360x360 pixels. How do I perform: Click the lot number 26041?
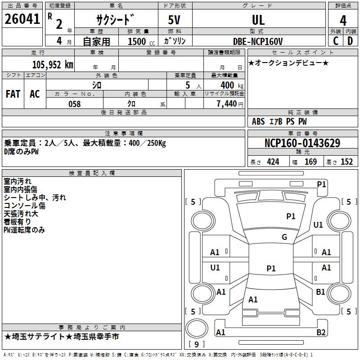22,19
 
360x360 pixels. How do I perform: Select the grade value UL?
258,20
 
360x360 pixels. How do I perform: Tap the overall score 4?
343,21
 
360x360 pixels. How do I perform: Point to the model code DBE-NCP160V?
258,41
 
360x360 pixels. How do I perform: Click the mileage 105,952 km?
52,64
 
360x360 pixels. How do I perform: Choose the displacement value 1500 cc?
140,42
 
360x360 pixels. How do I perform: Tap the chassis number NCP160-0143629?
302,144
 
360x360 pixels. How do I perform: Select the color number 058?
74,104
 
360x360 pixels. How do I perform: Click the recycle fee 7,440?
226,104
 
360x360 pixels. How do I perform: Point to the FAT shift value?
13,94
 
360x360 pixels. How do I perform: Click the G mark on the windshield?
284,237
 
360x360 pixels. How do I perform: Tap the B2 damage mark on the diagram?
321,333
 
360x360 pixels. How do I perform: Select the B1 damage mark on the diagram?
320,292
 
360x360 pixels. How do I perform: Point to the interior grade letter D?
350,41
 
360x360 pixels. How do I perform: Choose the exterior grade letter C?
335,41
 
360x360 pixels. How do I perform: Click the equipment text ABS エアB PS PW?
279,121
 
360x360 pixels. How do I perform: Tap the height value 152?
346,162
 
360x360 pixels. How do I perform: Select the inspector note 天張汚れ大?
21,214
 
